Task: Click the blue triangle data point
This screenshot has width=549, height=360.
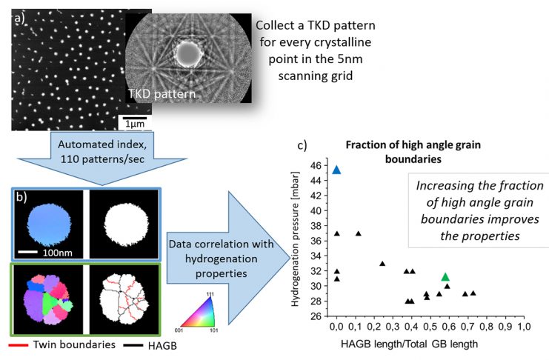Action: coord(336,170)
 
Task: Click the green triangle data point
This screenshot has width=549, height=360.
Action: coord(445,277)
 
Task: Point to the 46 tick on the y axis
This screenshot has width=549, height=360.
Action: coord(316,165)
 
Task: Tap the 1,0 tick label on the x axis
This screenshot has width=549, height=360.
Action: coord(524,327)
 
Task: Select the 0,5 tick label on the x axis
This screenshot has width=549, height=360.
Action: coord(430,327)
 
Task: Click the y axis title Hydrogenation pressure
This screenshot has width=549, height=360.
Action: coord(295,239)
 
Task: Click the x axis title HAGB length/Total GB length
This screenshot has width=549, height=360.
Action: coord(409,344)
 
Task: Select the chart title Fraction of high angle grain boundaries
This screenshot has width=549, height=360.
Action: coord(413,152)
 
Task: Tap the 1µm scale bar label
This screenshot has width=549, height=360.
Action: coord(135,124)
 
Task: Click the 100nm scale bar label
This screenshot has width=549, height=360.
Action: coord(58,253)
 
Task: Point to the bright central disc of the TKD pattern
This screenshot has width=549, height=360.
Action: coord(189,54)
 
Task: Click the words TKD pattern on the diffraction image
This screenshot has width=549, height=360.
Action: coord(162,94)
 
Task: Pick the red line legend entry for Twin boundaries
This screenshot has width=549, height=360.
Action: coord(19,345)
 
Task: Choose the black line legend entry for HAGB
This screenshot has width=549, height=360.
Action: coord(133,345)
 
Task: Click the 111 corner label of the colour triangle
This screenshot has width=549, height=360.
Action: coord(210,294)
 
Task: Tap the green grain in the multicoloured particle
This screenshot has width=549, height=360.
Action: coord(50,303)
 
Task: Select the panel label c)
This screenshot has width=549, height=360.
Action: coord(302,145)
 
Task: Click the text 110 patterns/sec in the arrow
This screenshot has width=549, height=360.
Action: coord(102,159)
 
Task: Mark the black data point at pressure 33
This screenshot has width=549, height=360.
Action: coord(382,264)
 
